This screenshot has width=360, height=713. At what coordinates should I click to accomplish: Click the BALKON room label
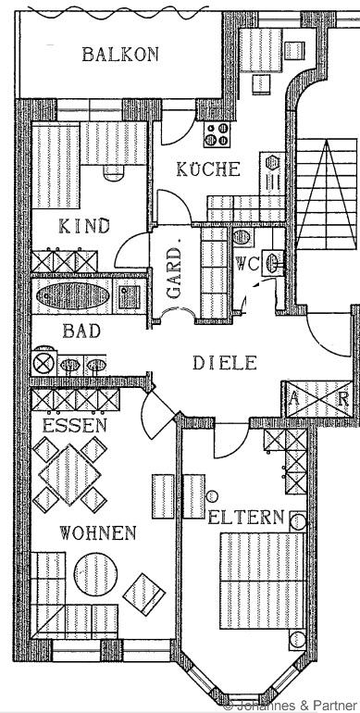pos(120,55)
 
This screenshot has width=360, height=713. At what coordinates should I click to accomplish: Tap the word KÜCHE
pos(208,169)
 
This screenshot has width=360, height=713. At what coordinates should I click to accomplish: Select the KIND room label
pos(84,226)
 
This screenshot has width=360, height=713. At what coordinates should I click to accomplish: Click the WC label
pos(247,264)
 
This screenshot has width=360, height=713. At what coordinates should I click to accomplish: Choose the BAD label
pos(81,331)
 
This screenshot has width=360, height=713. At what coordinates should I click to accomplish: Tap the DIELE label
pos(225,363)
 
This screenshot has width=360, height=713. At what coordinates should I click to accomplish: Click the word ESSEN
pos(75,426)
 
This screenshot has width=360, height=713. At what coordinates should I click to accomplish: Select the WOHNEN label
pos(98,532)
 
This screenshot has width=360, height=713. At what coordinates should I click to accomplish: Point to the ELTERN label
pos(246,518)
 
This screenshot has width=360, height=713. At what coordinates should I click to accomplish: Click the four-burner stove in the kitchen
pos(217,134)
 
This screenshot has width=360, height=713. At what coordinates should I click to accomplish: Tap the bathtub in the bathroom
pos(73,296)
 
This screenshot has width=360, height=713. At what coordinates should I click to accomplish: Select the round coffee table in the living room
pos(95,574)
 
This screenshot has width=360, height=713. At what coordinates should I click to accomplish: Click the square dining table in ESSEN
pos(69,475)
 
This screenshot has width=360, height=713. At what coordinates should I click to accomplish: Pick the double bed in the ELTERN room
pos(262,581)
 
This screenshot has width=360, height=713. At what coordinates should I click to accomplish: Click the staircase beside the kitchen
pos(327,194)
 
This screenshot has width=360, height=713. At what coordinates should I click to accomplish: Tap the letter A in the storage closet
pos(294,400)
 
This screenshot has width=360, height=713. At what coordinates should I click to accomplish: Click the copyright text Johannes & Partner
pos(292,707)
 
